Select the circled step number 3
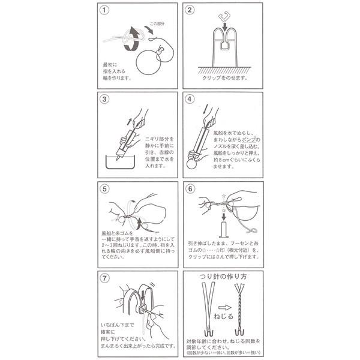pyautogui.click(x=106, y=101)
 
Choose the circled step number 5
pyautogui.click(x=106, y=190)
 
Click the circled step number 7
pyautogui.click(x=106, y=278)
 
